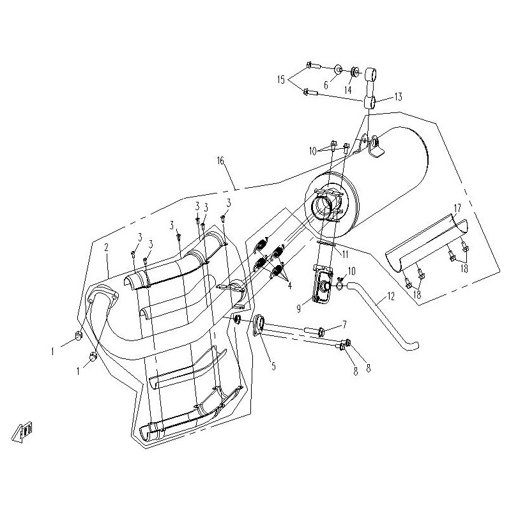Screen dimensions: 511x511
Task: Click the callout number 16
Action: [220, 161]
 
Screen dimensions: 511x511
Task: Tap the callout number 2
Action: [106, 247]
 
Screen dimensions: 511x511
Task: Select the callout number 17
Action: [457, 208]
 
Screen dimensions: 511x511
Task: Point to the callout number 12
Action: [391, 296]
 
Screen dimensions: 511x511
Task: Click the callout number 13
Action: [398, 97]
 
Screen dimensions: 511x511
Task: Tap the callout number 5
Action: [273, 366]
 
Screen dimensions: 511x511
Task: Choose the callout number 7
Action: [344, 324]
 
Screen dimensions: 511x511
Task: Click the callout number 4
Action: [290, 286]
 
